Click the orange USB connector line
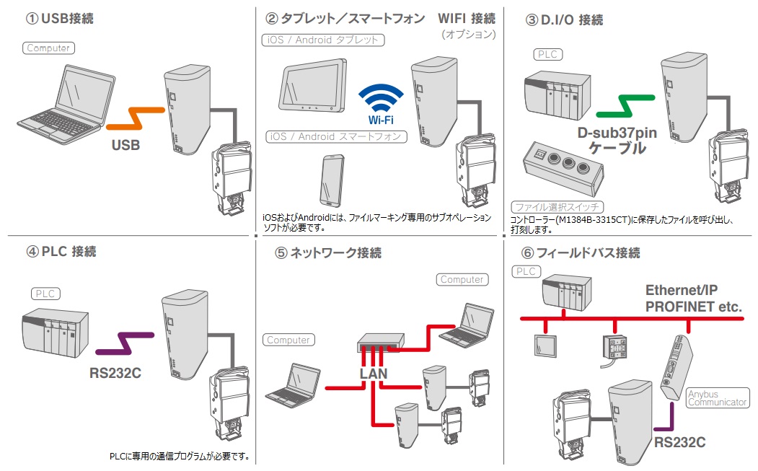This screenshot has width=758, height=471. pyautogui.click(x=136, y=118)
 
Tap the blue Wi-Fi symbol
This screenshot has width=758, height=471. pyautogui.click(x=381, y=98)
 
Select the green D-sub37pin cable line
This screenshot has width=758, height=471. pyautogui.click(x=625, y=106)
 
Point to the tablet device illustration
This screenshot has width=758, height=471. pyautogui.click(x=313, y=86)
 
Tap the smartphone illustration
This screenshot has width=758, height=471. pyautogui.click(x=332, y=180)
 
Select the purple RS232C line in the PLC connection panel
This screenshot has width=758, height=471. pyautogui.click(x=125, y=343)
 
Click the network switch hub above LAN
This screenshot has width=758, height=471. pyautogui.click(x=381, y=343)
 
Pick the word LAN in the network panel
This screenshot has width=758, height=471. pyautogui.click(x=373, y=374)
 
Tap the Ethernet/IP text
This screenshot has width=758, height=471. pyautogui.click(x=681, y=290)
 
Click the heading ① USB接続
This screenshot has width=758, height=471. pyautogui.click(x=60, y=18)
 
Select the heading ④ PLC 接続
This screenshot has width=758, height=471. pyautogui.click(x=61, y=252)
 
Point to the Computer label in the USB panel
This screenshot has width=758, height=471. pyautogui.click(x=48, y=48)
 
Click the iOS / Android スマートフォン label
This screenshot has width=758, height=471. pyautogui.click(x=337, y=137)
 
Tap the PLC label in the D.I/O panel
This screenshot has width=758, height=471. pyautogui.click(x=547, y=54)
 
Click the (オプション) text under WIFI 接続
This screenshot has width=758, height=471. pyautogui.click(x=469, y=35)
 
